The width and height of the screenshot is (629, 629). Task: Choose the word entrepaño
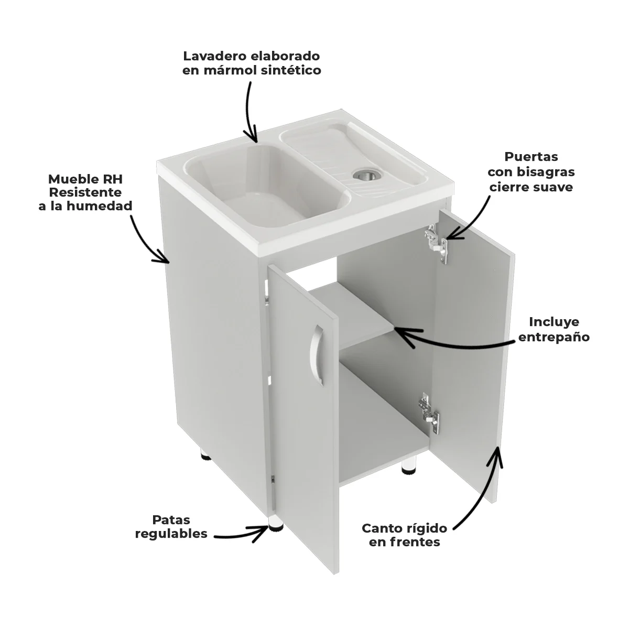click(554, 337)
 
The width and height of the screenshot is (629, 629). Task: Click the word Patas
click(171, 520)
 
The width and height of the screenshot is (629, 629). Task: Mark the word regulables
click(171, 534)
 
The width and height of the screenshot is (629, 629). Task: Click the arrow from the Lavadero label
click(250, 113)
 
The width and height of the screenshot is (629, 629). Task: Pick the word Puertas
click(531, 157)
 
